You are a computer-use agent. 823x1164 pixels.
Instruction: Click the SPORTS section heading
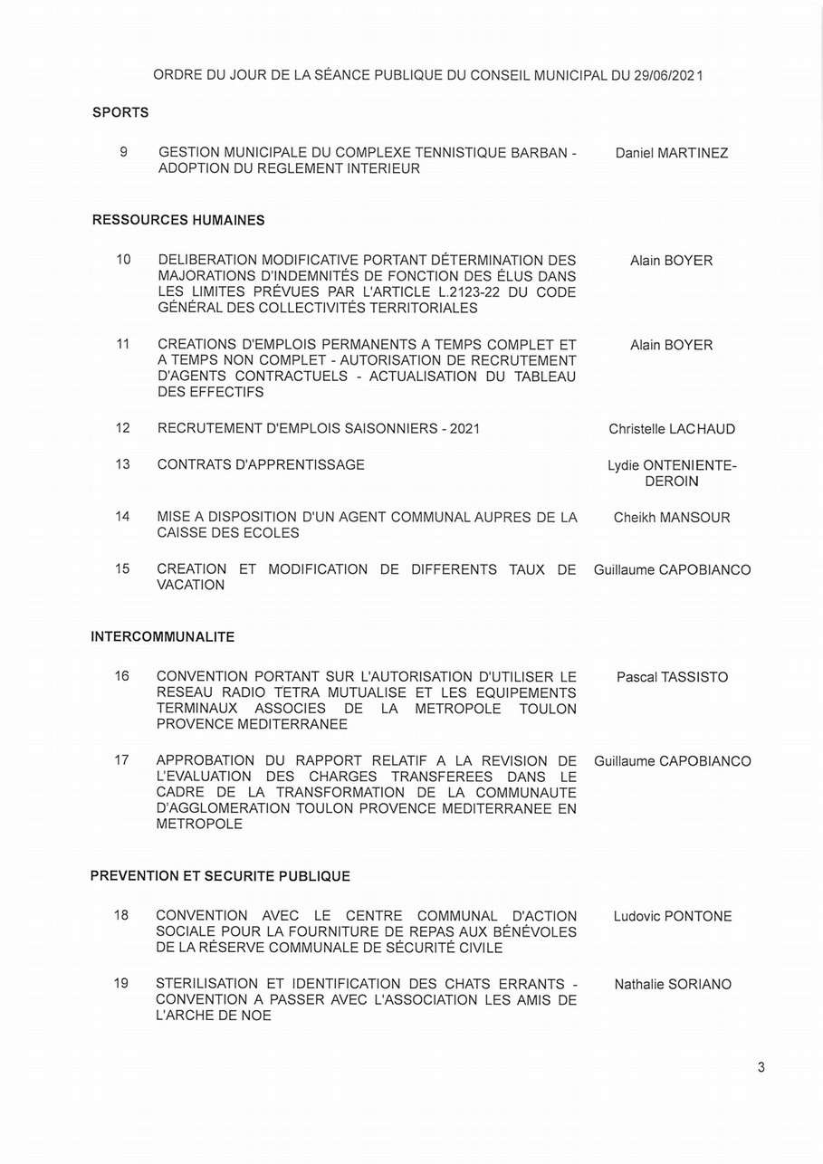click(x=120, y=113)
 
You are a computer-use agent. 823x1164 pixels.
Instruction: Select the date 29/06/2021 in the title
click(x=668, y=75)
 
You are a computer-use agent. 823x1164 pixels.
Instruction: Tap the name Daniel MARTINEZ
click(x=671, y=153)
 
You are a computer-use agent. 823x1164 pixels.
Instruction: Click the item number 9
click(x=123, y=152)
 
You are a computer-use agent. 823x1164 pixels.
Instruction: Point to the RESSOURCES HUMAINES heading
click(x=178, y=220)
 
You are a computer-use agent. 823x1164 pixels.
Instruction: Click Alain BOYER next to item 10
click(x=671, y=261)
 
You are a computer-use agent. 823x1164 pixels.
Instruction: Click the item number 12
click(x=123, y=428)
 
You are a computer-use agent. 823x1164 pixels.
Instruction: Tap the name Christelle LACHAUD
click(x=672, y=429)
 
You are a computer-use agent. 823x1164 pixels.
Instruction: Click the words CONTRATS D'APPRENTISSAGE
click(x=261, y=464)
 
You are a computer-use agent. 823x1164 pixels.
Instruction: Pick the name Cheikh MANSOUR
click(x=671, y=518)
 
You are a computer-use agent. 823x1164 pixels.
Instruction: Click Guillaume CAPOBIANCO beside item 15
click(x=672, y=570)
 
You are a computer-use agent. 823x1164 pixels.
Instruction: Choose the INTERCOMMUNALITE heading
click(x=163, y=637)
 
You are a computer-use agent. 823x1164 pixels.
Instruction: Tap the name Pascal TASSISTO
click(x=672, y=677)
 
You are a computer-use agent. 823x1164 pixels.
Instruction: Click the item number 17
click(x=122, y=760)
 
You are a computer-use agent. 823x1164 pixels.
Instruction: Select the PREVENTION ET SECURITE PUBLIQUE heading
click(x=220, y=876)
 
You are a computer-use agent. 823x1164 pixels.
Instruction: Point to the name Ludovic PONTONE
click(x=672, y=916)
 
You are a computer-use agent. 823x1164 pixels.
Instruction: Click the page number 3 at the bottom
click(x=761, y=1067)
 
